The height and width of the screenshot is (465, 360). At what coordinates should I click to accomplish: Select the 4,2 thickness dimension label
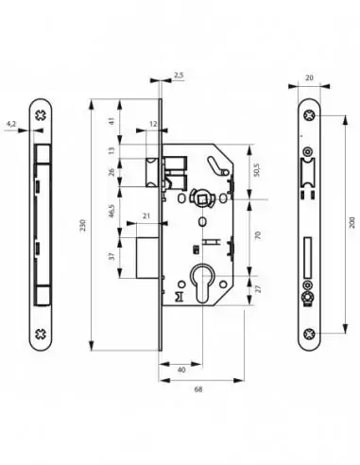coord(10,122)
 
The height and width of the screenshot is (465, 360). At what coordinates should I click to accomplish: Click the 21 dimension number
coord(146,215)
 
